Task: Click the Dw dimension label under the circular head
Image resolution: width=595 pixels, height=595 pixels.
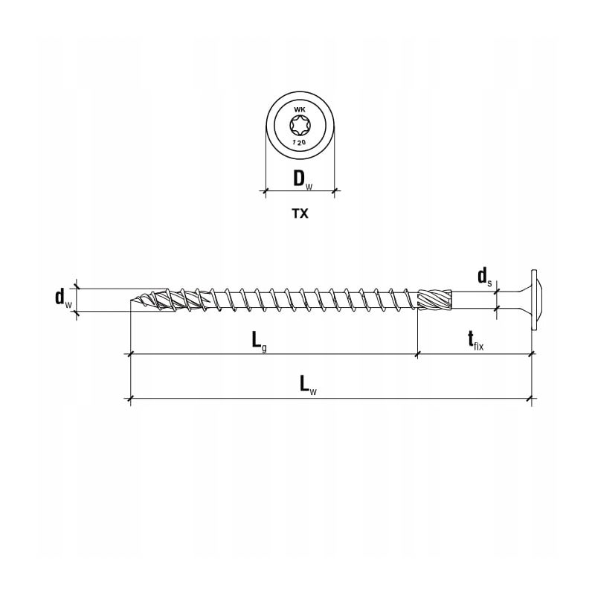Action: point(299,179)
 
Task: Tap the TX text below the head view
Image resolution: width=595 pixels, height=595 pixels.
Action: point(299,213)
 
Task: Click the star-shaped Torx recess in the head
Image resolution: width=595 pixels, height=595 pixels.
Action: point(299,126)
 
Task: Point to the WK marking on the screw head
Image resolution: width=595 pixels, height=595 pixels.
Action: point(300,110)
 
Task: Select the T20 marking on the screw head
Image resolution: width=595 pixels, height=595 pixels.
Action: point(299,141)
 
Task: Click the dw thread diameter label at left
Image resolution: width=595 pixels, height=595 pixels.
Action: point(64,299)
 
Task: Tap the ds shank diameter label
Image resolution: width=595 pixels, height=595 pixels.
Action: point(484,277)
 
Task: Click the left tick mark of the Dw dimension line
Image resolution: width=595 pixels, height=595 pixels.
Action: point(266,192)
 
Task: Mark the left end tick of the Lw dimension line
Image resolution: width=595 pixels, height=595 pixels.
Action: point(131,400)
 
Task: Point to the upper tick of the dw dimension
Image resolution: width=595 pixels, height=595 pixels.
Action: point(77,288)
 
